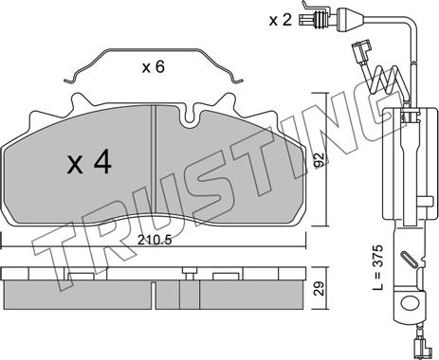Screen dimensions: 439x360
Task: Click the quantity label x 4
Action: (89, 162)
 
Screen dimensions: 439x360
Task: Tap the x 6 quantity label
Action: (154, 67)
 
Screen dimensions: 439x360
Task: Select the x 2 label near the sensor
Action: (280, 21)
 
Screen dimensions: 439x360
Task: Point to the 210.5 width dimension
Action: (155, 240)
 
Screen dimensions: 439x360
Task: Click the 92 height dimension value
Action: (320, 160)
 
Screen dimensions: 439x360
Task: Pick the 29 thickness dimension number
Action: (320, 288)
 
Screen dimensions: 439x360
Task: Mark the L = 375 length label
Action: (378, 267)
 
